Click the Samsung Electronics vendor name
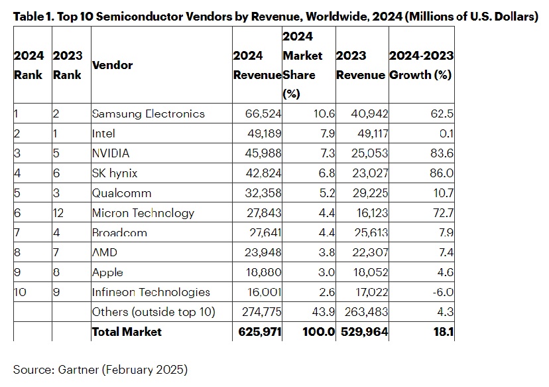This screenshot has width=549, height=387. click(148, 114)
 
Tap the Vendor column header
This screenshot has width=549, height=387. click(112, 65)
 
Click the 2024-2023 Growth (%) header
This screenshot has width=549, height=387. click(420, 65)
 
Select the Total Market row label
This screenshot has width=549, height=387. click(126, 331)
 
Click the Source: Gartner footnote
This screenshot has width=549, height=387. click(101, 368)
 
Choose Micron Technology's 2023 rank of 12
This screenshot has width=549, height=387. click(59, 213)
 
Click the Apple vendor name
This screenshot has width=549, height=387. click(107, 272)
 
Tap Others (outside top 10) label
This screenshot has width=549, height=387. click(153, 312)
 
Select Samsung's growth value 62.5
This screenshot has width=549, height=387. click(441, 114)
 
